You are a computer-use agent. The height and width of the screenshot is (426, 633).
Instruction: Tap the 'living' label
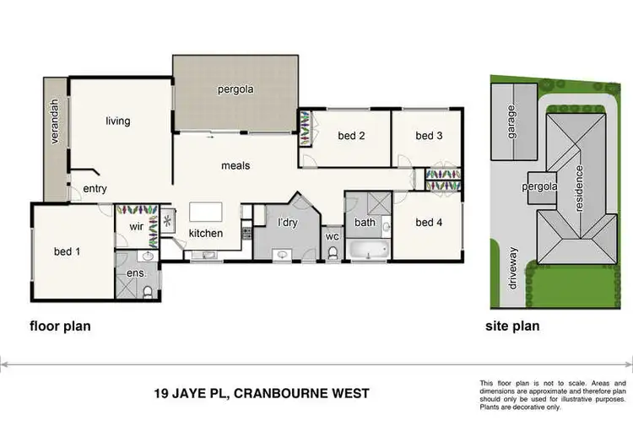click(118, 121)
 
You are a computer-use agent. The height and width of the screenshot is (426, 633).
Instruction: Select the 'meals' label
click(235, 166)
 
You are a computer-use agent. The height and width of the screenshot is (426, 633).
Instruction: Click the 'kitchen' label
click(205, 234)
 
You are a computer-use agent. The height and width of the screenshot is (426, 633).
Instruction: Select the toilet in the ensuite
click(149, 291)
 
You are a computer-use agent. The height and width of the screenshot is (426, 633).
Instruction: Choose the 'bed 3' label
click(429, 136)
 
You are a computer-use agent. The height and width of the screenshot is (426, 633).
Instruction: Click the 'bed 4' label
click(429, 223)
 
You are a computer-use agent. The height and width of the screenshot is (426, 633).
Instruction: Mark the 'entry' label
click(95, 189)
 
